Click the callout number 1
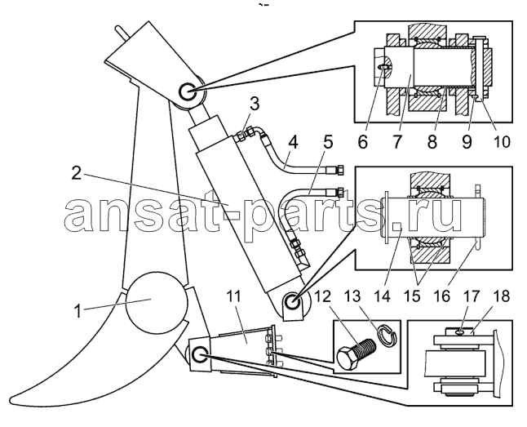coord(77,310)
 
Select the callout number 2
coord(77,174)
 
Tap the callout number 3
coord(255,105)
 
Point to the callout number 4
coord(293,142)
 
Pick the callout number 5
coord(328,142)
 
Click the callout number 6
coord(362,142)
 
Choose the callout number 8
coord(432,142)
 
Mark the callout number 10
coord(501,142)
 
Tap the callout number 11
coord(234,296)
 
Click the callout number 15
coord(413,296)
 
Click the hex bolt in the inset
coord(356,352)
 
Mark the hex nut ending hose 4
coord(339,170)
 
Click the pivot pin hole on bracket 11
coord(199,354)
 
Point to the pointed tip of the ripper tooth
coord(11,400)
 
